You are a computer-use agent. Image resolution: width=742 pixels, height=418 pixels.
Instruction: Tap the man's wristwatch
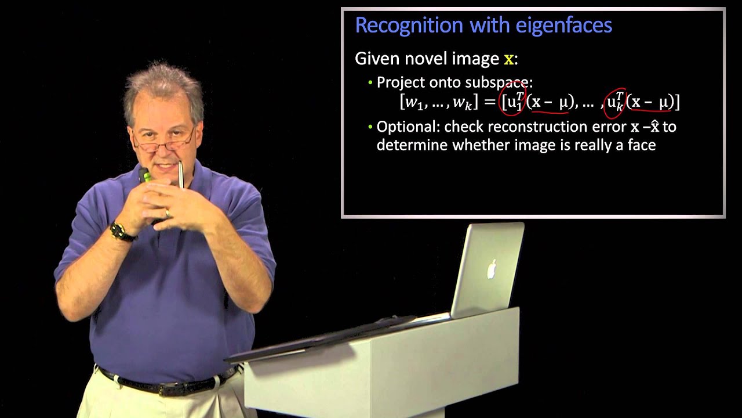pyautogui.click(x=121, y=232)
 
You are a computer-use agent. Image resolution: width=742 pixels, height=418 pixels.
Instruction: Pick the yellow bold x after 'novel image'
pyautogui.click(x=508, y=59)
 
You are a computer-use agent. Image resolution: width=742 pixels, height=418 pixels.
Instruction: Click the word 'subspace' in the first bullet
pyautogui.click(x=497, y=82)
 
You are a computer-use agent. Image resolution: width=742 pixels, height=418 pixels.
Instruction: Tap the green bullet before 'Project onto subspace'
pyautogui.click(x=370, y=82)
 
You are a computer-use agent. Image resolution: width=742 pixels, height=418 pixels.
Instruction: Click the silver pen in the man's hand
pyautogui.click(x=180, y=175)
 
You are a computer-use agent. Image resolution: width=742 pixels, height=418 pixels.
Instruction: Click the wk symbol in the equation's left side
pyautogui.click(x=461, y=103)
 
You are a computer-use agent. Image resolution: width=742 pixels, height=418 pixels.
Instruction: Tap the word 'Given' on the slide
pyautogui.click(x=375, y=59)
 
